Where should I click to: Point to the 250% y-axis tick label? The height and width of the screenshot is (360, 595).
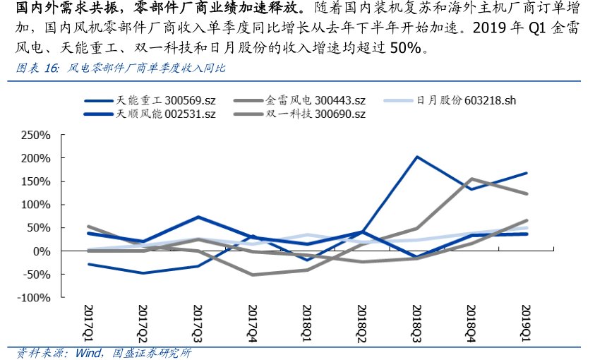[x=37, y=135]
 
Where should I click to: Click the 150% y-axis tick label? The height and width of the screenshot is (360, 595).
[x=37, y=181]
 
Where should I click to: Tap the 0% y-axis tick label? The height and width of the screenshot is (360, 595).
[x=42, y=251]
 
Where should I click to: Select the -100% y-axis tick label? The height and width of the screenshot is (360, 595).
[x=34, y=298]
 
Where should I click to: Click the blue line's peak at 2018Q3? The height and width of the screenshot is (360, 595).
[x=416, y=157]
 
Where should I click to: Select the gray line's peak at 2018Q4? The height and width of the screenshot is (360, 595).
[x=471, y=179]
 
